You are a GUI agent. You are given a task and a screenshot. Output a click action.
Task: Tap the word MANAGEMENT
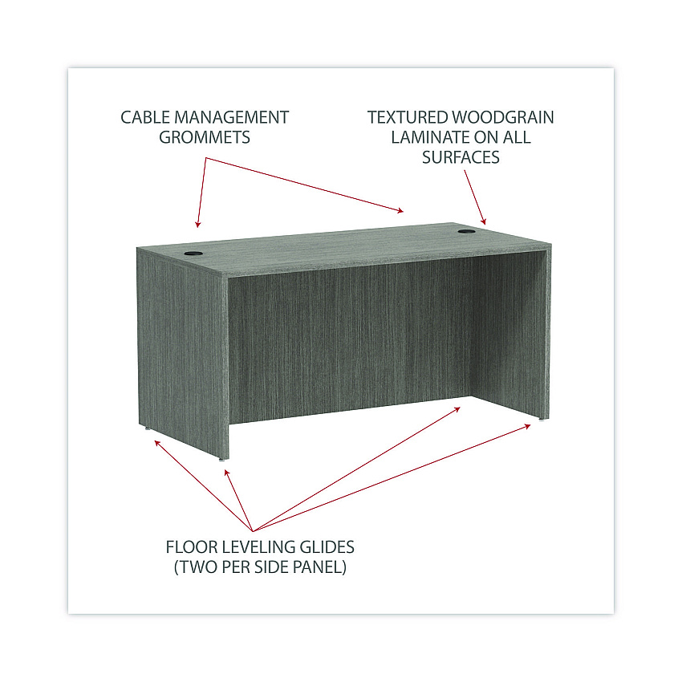click(231, 117)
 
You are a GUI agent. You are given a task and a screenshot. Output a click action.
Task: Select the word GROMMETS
click(205, 137)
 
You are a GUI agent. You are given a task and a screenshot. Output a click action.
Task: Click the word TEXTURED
click(408, 117)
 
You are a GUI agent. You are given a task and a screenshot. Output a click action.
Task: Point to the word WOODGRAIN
click(503, 117)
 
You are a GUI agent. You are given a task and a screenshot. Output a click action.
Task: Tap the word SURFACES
click(461, 157)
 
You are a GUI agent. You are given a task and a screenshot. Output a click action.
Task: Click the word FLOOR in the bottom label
click(189, 547)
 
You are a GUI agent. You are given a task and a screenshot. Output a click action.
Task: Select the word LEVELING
click(250, 547)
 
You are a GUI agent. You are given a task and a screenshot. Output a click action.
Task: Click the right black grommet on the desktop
click(465, 231)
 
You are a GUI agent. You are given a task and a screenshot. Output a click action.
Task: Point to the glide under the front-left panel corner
click(221, 459)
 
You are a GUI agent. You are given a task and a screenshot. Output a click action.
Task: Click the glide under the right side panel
click(541, 420)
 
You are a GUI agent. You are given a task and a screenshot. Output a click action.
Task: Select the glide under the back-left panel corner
click(147, 428)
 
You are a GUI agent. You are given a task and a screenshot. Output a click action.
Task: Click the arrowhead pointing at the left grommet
click(198, 224)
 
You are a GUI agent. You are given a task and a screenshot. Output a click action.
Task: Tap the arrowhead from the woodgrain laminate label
click(484, 221)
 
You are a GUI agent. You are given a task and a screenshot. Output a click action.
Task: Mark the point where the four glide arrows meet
click(253, 531)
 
